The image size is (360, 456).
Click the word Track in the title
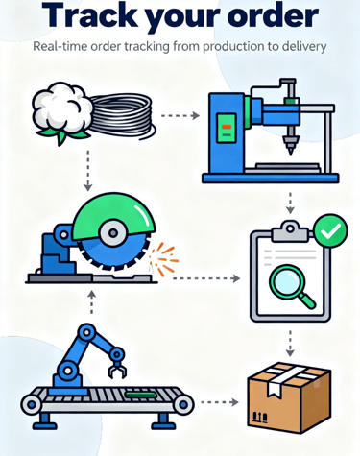tap(72, 16)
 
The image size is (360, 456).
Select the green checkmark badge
tap(330, 231)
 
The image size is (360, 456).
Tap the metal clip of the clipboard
tap(287, 230)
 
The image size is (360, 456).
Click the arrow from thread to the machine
tap(179, 116)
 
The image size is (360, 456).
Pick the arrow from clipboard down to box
tap(289, 341)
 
